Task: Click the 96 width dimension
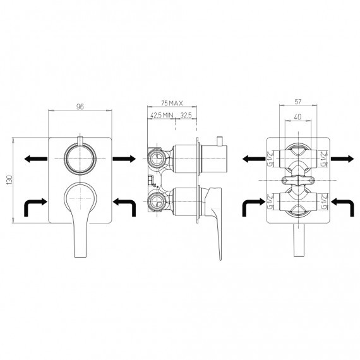click(80, 107)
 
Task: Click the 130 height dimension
click(9, 180)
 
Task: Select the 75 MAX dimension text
click(172, 104)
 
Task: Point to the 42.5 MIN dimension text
click(162, 115)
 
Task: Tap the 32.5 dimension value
click(186, 115)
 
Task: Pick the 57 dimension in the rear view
click(297, 102)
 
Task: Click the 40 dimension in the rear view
click(297, 117)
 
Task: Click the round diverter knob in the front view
click(80, 159)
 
